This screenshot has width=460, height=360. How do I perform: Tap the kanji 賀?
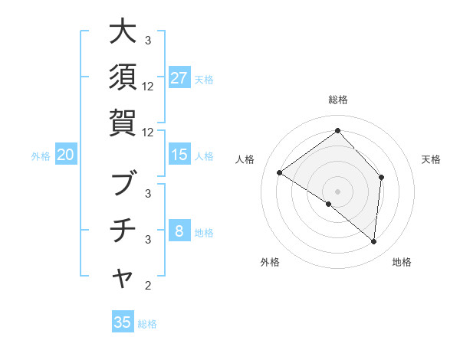point(123,123)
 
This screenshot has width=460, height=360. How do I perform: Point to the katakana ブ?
point(123,185)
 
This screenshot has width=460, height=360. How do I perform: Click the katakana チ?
point(123,230)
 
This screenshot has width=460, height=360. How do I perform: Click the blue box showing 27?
point(179,78)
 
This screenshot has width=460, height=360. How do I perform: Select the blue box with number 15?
point(179,155)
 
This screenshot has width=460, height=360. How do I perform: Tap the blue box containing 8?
point(179,231)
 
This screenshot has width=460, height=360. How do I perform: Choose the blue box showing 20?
point(66,155)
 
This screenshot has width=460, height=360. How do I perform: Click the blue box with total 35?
point(123,322)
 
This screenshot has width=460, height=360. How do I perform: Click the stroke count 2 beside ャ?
point(148,286)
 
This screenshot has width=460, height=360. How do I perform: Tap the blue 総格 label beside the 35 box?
point(148,324)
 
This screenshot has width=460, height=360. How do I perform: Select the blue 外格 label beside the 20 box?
point(41,156)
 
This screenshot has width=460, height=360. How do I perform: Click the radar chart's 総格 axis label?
point(337,100)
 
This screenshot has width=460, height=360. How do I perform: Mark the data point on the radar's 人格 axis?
point(280,172)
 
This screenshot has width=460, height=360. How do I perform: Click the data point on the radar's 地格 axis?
point(373,241)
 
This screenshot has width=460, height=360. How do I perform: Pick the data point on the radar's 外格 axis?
point(329,204)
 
